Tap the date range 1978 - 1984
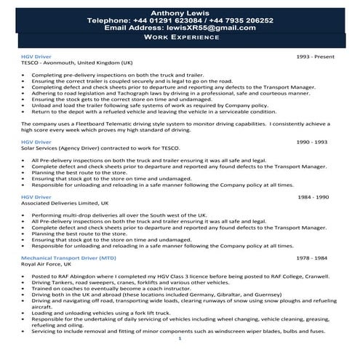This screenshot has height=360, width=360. [317, 258]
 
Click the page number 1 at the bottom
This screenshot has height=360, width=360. [180, 338]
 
